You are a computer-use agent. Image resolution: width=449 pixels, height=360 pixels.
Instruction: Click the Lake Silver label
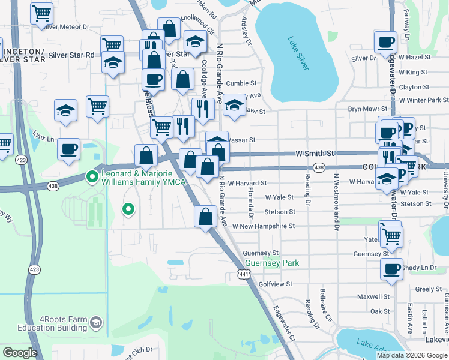[x=298, y=54]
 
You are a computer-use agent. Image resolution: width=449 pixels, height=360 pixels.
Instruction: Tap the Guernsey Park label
[x=272, y=263]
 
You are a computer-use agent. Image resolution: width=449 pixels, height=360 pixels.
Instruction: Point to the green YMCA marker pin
[x=92, y=176]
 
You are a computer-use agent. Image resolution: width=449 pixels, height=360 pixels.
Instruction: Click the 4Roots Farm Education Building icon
[x=95, y=324]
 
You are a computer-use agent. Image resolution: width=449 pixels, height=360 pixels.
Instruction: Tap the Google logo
[x=20, y=353]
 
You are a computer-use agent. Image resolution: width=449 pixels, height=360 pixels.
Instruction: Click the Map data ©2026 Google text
[x=412, y=355]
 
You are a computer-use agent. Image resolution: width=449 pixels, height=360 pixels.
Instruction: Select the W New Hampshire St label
[x=264, y=226]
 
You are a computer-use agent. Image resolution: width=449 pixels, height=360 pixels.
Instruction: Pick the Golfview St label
[x=275, y=284]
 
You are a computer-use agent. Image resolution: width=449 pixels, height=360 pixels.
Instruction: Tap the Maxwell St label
[x=373, y=296]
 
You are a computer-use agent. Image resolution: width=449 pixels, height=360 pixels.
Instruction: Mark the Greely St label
[x=428, y=289]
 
